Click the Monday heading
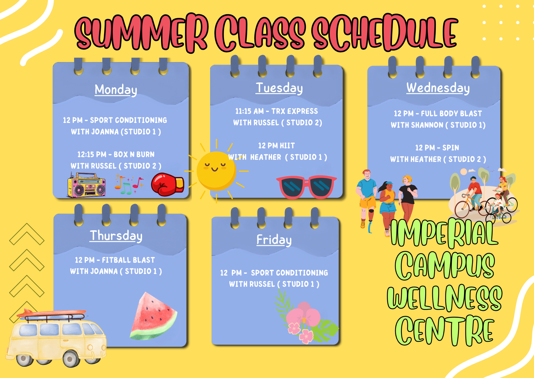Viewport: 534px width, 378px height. [116, 90]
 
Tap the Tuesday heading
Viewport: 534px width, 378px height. [279, 88]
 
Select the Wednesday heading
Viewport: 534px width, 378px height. [438, 88]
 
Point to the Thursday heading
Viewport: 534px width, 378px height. [116, 236]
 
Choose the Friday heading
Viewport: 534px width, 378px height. [274, 240]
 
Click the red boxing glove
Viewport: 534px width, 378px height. [167, 184]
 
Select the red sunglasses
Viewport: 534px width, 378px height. [306, 187]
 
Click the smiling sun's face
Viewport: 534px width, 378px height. [216, 171]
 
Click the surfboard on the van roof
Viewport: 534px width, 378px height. [52, 313]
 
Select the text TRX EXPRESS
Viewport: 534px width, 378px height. [295, 111]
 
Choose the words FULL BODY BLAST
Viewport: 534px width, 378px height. [451, 114]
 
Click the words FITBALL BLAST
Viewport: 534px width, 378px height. [128, 260]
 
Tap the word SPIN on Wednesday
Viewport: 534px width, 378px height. [451, 148]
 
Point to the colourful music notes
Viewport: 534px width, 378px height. [129, 184]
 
